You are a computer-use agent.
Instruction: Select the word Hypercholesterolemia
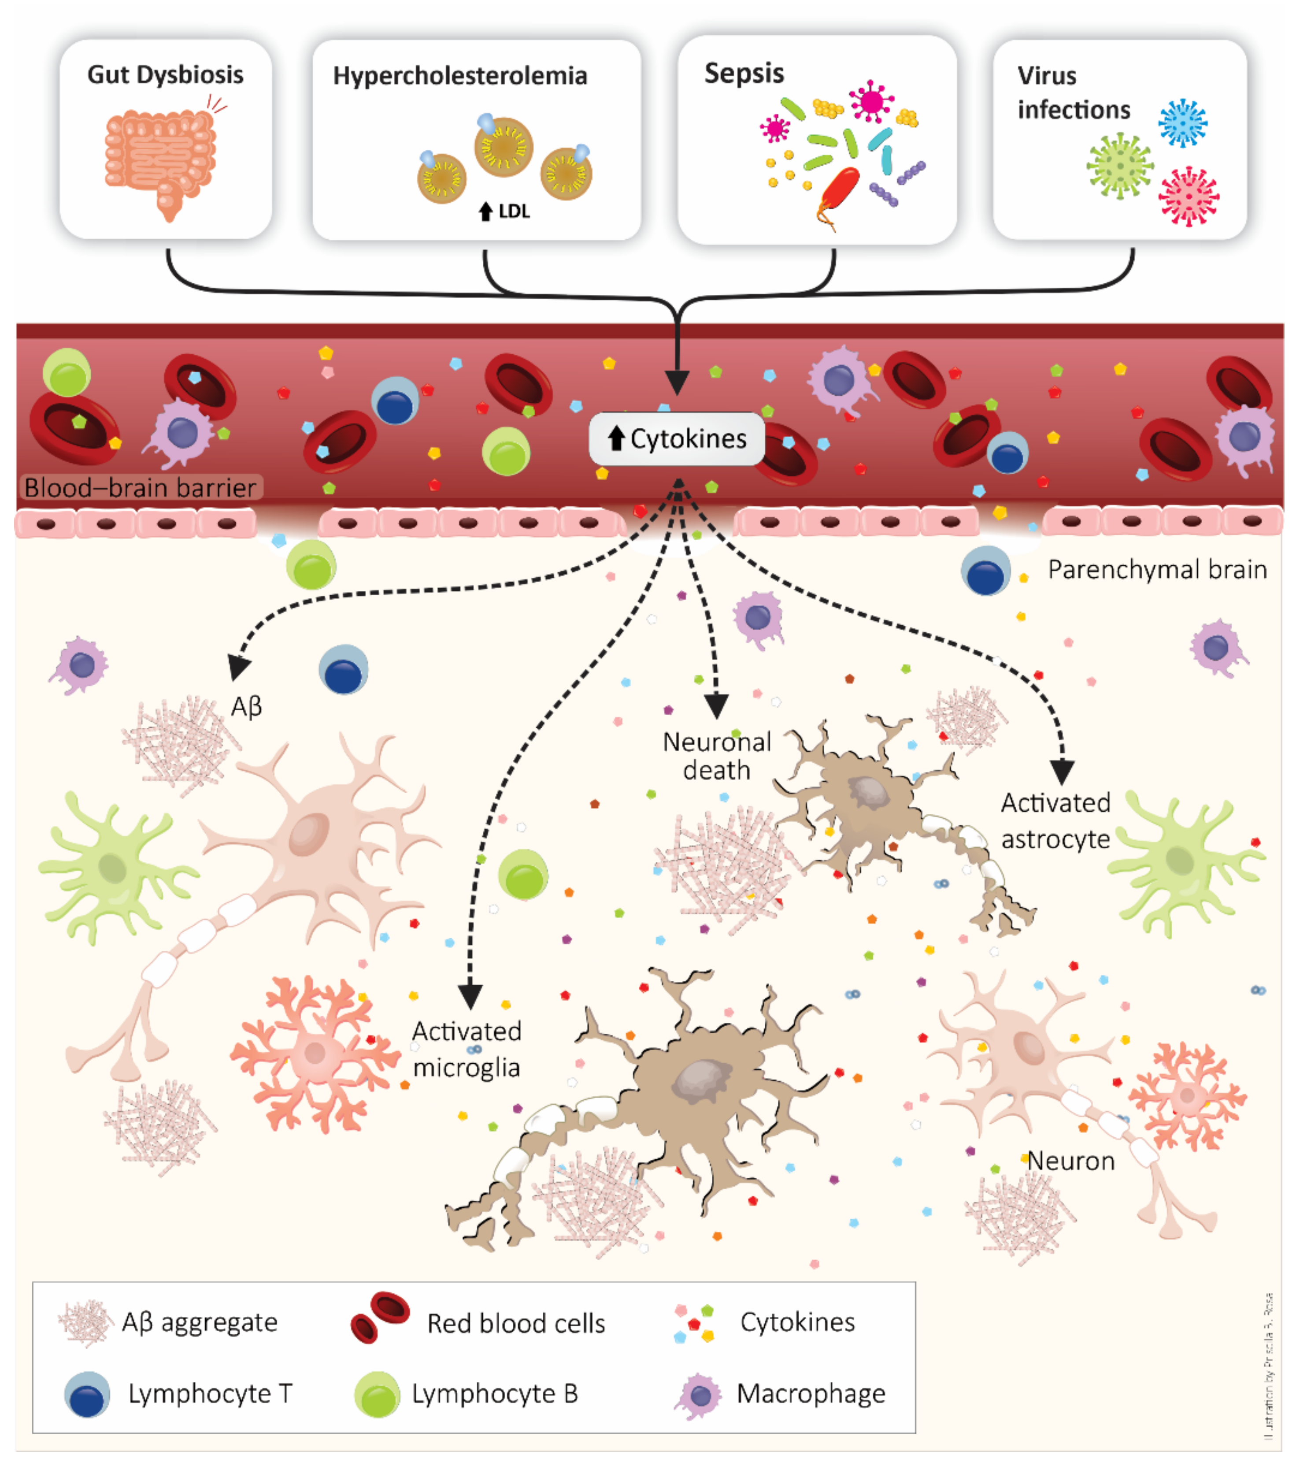coord(460,75)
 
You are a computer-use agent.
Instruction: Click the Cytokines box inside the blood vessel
coord(677,438)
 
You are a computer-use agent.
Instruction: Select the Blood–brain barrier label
coord(141,488)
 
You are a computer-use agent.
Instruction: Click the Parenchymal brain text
coord(1157,569)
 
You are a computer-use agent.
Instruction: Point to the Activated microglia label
coord(466,1049)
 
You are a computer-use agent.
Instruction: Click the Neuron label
coord(1071,1161)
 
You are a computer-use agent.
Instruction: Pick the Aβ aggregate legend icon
coord(85,1322)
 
